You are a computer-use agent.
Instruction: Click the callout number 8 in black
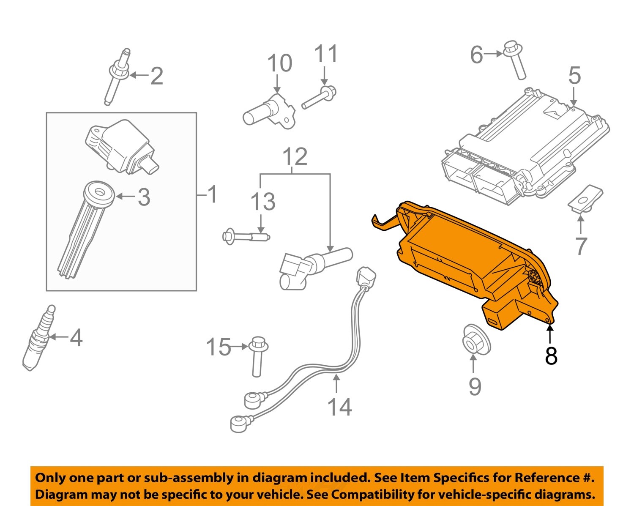click(551, 356)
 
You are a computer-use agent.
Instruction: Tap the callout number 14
click(339, 407)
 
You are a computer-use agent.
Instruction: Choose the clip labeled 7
click(585, 198)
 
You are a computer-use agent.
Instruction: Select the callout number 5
click(574, 76)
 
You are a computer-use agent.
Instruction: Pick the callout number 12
click(295, 157)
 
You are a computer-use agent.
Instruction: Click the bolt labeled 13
click(245, 236)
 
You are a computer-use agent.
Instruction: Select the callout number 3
click(144, 197)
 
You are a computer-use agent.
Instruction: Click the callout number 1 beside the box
click(212, 194)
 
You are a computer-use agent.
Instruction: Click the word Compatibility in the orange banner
click(385, 494)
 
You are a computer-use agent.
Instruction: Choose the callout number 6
click(476, 55)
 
